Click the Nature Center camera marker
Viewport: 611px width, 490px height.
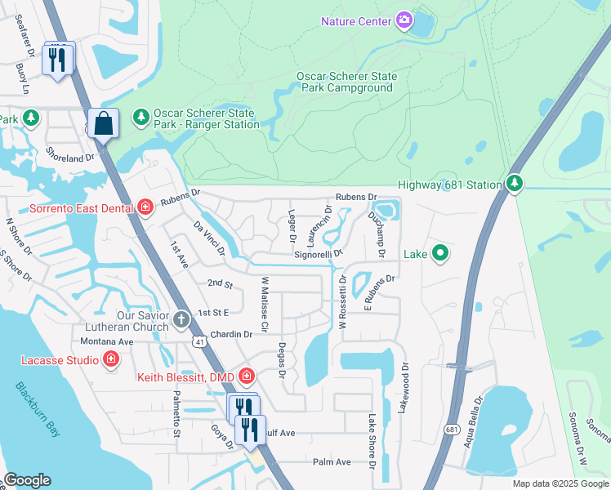(404, 20)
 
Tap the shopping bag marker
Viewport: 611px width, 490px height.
(104, 124)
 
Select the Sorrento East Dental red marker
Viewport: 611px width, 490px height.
(145, 207)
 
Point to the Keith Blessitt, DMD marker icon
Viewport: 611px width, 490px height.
(247, 376)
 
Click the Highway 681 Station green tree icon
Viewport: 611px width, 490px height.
(514, 182)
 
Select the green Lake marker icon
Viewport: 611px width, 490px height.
(440, 253)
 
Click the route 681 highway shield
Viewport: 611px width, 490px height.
(452, 428)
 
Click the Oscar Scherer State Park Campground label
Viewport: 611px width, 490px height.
(346, 82)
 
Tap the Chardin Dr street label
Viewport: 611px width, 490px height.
(232, 334)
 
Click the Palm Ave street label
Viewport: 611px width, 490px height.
(332, 461)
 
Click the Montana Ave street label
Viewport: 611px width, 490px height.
(113, 341)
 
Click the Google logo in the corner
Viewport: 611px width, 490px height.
(27, 480)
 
